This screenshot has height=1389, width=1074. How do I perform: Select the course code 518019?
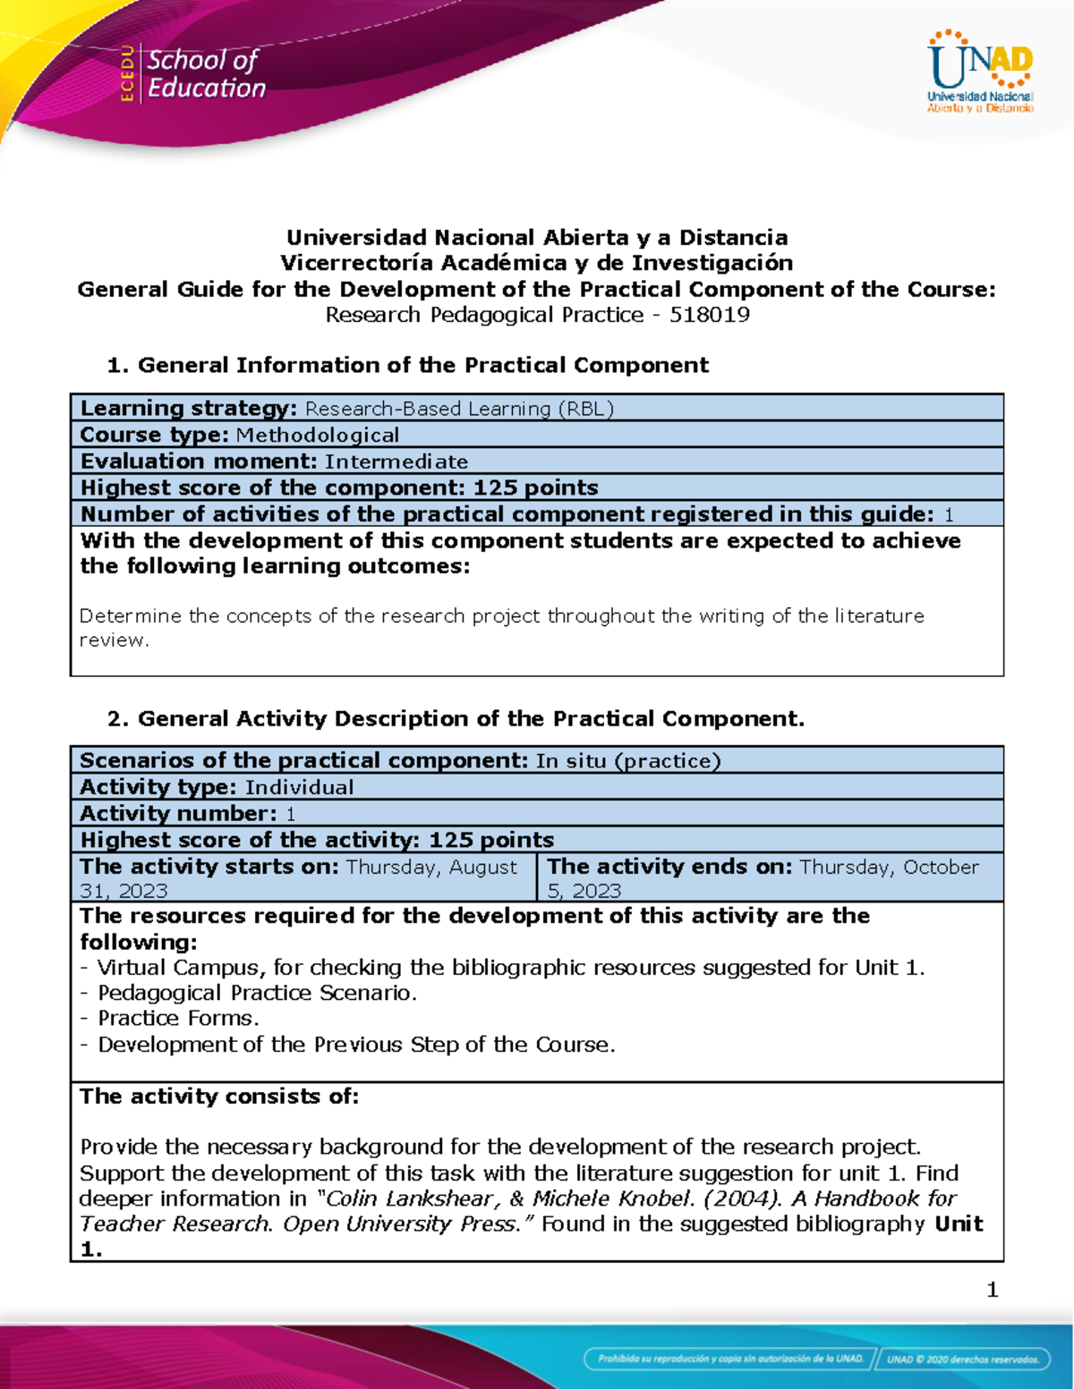(710, 315)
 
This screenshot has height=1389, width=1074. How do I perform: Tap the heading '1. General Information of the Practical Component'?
(407, 365)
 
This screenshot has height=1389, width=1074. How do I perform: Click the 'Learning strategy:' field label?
(188, 409)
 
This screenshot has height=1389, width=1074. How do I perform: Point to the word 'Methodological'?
(317, 436)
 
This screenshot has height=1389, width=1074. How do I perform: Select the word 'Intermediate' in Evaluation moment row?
(396, 462)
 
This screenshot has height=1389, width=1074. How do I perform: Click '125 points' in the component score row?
(535, 488)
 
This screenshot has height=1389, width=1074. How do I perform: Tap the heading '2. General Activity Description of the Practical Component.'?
(455, 719)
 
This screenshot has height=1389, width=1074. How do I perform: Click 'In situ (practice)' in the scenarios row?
(627, 761)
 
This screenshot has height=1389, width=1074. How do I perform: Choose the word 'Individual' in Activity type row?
(299, 787)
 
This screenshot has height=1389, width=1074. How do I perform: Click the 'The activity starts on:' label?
(209, 867)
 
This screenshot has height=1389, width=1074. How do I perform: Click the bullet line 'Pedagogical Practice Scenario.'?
(257, 994)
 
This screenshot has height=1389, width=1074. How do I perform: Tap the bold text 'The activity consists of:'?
(219, 1097)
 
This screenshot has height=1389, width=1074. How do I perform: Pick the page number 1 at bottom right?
(992, 1290)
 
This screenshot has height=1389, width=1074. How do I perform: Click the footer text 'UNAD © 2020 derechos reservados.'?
(963, 1359)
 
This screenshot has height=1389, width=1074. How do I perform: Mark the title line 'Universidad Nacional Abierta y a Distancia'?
(537, 238)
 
